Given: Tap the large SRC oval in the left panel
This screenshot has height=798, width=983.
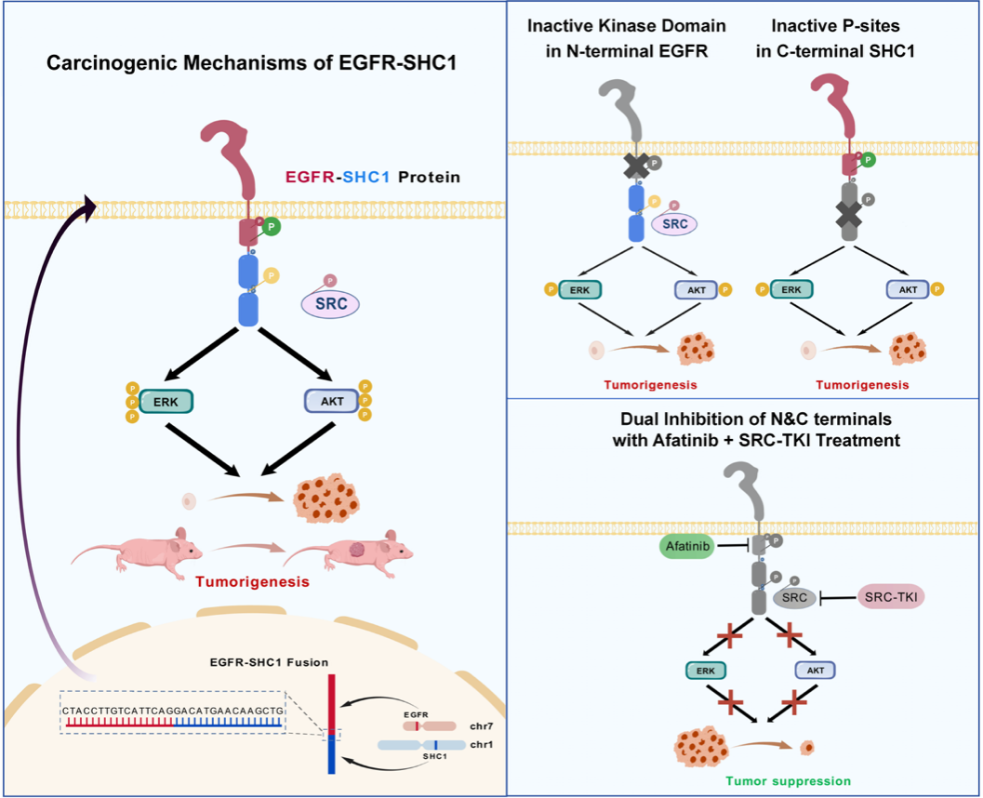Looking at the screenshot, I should (331, 303).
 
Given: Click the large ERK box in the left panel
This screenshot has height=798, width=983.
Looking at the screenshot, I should (166, 401).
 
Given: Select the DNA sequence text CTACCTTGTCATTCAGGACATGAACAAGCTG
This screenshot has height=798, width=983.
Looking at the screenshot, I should (173, 711).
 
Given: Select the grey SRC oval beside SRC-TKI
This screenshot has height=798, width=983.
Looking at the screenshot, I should (792, 598).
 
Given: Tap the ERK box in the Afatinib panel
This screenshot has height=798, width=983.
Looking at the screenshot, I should (705, 670).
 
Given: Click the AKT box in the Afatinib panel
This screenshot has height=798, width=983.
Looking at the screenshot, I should (816, 670).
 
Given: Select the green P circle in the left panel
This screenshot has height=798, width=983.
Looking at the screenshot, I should (272, 226).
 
